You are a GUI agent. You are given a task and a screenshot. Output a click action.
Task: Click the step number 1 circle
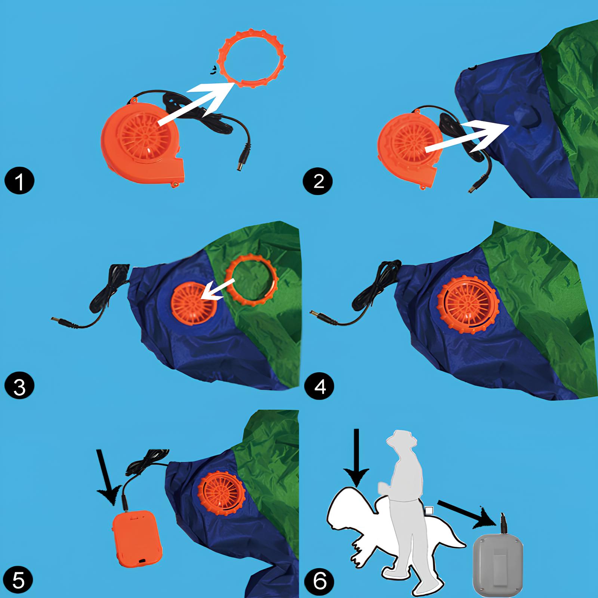tap(19, 181)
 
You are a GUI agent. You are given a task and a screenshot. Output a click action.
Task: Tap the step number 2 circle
tap(318, 181)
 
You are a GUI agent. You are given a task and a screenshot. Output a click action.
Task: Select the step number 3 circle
tap(19, 386)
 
